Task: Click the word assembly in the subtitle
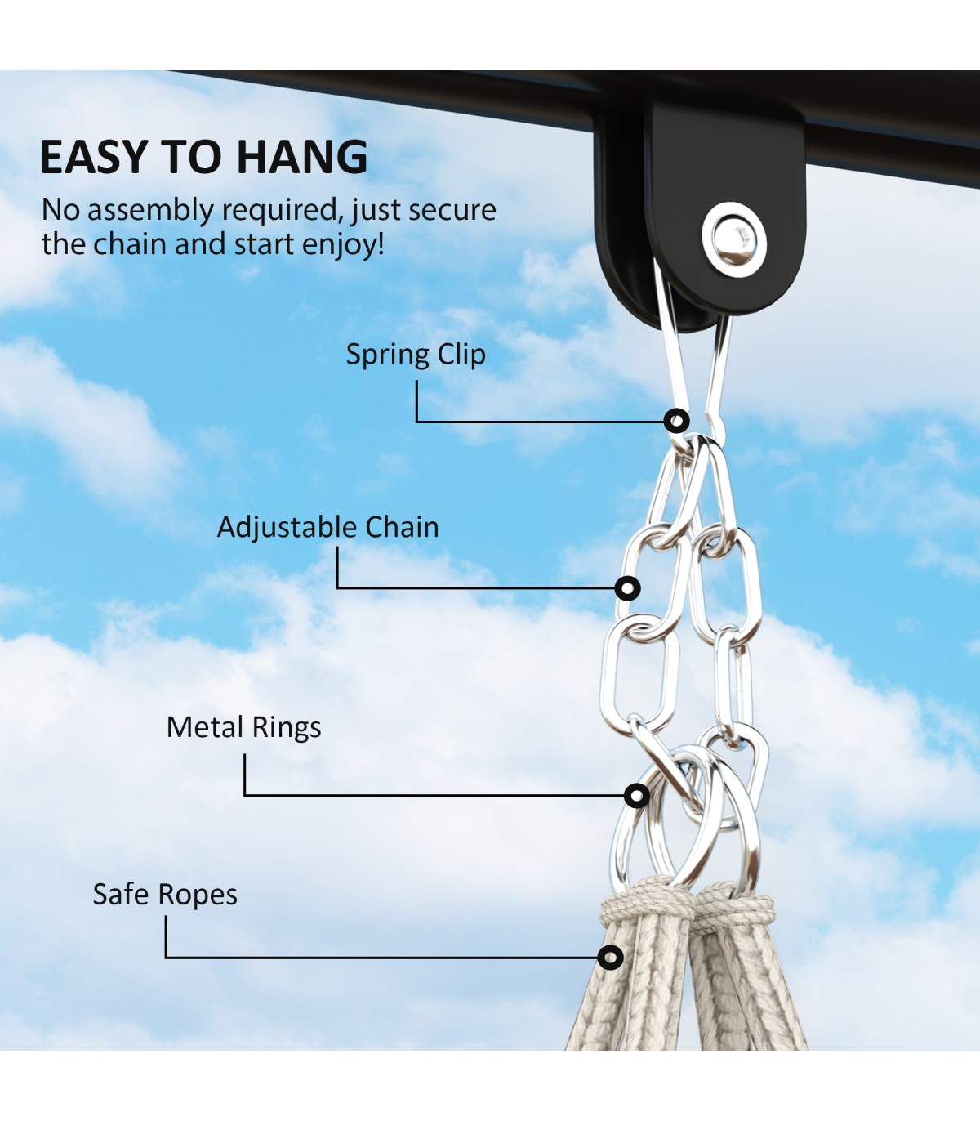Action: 150,211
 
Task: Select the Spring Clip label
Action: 416,355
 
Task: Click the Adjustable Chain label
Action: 327,528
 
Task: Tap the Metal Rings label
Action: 243,727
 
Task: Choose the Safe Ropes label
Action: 165,895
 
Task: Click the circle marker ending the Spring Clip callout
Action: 676,422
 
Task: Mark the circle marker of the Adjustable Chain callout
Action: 627,588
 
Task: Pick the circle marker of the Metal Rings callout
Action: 637,795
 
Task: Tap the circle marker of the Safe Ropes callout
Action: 610,958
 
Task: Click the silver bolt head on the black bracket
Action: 733,239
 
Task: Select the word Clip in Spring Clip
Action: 461,355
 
